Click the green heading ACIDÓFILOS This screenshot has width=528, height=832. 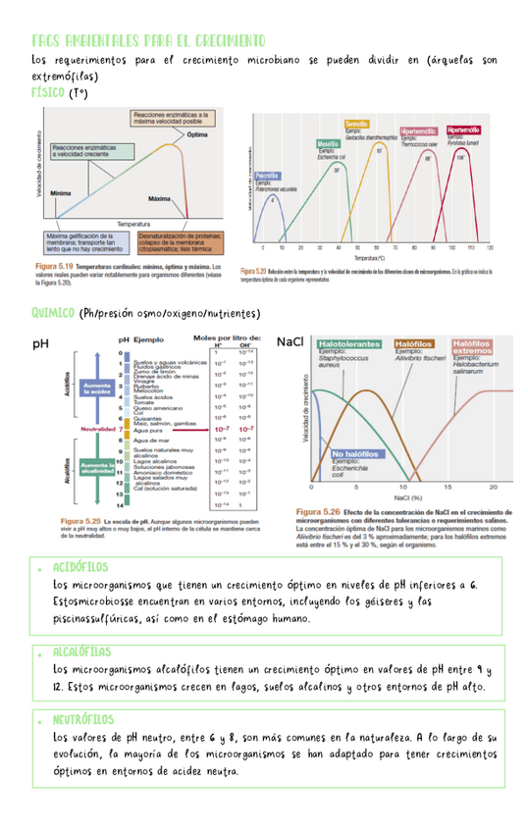[80, 567]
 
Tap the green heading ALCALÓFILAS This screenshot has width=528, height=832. [82, 652]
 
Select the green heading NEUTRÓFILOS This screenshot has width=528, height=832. [82, 719]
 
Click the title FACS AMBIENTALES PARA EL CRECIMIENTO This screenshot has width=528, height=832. [148, 41]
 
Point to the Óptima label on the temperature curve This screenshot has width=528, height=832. [196, 134]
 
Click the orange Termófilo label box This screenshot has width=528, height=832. [356, 125]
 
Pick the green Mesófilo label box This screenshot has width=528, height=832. [328, 144]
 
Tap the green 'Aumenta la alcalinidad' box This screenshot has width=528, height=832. [98, 466]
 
